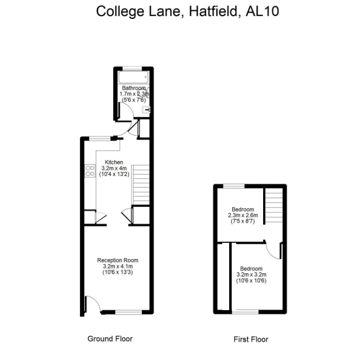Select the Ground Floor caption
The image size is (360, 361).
click(110, 339)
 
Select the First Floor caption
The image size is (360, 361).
click(251, 339)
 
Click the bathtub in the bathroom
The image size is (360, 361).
click(133, 78)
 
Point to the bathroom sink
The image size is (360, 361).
click(146, 110)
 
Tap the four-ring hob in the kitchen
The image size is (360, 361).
click(90, 171)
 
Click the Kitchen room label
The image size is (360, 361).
click(113, 162)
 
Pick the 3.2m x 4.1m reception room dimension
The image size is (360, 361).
click(117, 266)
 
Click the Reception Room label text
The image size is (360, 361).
click(117, 260)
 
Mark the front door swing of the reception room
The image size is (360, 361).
click(91, 304)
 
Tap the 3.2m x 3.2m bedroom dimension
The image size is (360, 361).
click(251, 275)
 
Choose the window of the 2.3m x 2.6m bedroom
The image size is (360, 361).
click(233, 185)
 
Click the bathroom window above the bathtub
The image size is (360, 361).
click(132, 68)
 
